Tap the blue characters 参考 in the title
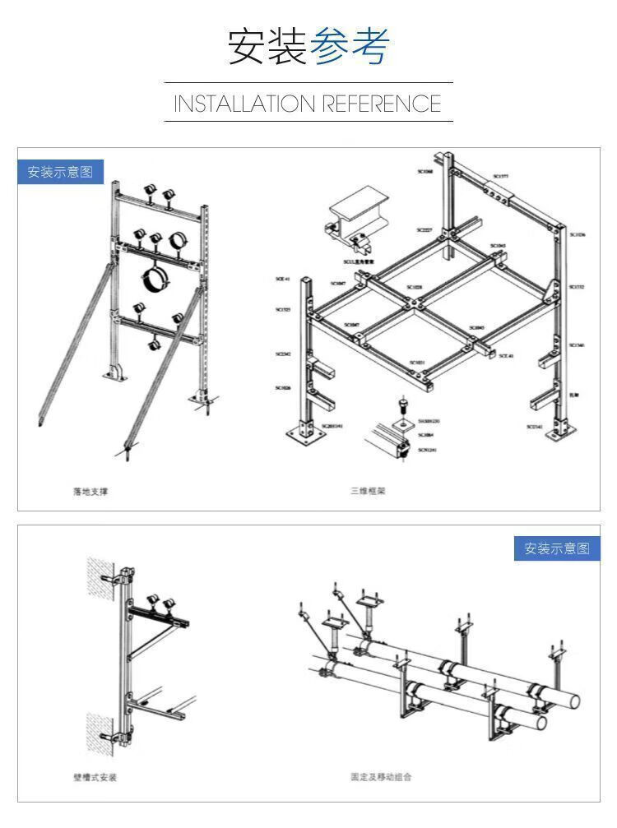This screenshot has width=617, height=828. (x=349, y=46)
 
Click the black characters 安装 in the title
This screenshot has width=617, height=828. (x=267, y=46)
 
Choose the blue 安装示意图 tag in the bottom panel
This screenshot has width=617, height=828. (x=557, y=548)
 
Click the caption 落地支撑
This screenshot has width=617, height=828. (x=90, y=492)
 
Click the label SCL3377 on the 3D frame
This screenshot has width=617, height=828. (x=500, y=176)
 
